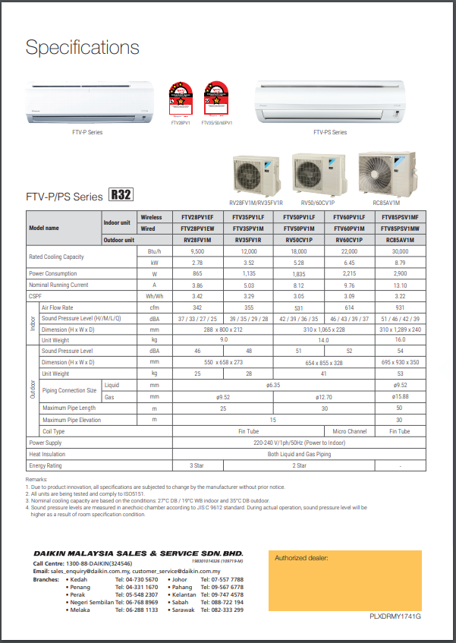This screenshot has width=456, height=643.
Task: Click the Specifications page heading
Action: point(82,47)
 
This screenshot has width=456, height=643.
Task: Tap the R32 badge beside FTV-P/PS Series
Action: point(121,195)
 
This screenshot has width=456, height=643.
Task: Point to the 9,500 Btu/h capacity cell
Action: point(197,251)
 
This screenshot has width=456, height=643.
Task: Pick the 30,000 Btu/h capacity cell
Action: point(400,251)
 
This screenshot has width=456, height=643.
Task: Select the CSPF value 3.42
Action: point(197,295)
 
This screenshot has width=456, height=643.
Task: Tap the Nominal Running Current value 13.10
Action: point(400,285)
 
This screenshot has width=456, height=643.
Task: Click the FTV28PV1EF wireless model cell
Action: point(197,217)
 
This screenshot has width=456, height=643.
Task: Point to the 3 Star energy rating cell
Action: point(197,465)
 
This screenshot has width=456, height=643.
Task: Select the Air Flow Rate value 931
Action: point(400,307)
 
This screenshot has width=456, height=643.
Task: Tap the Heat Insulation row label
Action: point(47,453)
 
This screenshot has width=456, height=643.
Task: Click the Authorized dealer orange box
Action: point(344,580)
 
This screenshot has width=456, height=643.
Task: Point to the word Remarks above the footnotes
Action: point(36,481)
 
